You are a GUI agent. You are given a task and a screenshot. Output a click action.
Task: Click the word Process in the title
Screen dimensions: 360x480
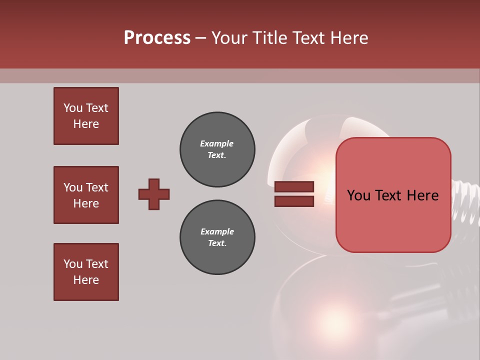pyautogui.click(x=157, y=38)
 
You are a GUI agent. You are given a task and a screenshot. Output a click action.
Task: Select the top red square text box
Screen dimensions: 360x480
pyautogui.click(x=86, y=116)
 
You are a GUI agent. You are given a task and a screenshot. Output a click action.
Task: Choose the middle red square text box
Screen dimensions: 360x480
pyautogui.click(x=86, y=195)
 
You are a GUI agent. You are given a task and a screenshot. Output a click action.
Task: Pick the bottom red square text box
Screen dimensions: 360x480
pyautogui.click(x=86, y=272)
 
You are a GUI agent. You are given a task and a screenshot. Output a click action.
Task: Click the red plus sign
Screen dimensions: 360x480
pyautogui.click(x=154, y=194)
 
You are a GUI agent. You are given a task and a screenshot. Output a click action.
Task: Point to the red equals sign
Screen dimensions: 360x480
pyautogui.click(x=294, y=194)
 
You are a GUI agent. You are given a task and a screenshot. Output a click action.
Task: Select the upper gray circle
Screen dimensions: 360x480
pyautogui.click(x=217, y=149)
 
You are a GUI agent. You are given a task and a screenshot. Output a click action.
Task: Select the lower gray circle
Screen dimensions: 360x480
pyautogui.click(x=217, y=237)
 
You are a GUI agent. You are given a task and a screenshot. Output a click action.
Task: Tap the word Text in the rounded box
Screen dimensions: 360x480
pyautogui.click(x=393, y=195)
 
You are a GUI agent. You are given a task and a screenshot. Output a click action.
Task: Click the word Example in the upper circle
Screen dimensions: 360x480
pyautogui.click(x=216, y=143)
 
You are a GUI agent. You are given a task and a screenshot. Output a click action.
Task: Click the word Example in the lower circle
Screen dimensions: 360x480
pyautogui.click(x=217, y=231)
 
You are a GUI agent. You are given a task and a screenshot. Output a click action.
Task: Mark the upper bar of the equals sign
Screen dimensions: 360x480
pyautogui.click(x=294, y=186)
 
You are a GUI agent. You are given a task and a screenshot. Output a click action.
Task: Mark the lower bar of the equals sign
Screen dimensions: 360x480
pyautogui.click(x=294, y=201)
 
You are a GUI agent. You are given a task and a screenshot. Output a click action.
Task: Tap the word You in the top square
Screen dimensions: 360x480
pyautogui.click(x=73, y=108)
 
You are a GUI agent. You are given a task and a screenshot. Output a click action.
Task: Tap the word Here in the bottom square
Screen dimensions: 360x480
pyautogui.click(x=86, y=280)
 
